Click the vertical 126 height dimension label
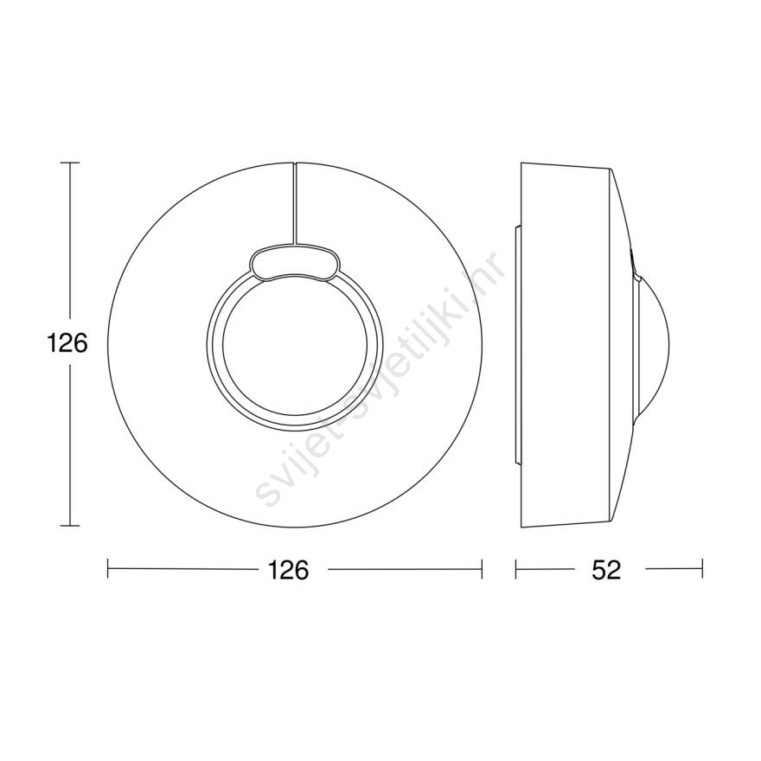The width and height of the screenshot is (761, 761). pyautogui.click(x=67, y=343)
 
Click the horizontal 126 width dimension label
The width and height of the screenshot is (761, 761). pyautogui.click(x=288, y=569)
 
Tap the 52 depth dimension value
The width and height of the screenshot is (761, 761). pyautogui.click(x=606, y=570)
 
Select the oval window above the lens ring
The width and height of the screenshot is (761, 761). pyautogui.click(x=295, y=264)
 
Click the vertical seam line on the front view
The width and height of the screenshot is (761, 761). pyautogui.click(x=294, y=203)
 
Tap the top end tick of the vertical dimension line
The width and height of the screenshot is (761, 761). pyautogui.click(x=70, y=163)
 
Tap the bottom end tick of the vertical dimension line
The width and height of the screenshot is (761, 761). pyautogui.click(x=70, y=525)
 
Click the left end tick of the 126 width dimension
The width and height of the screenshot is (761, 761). pyautogui.click(x=108, y=569)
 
